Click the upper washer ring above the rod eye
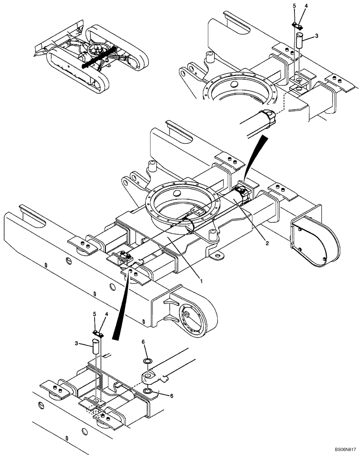[148, 361]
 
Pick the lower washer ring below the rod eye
[148, 391]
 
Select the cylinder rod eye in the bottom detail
[150, 376]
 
